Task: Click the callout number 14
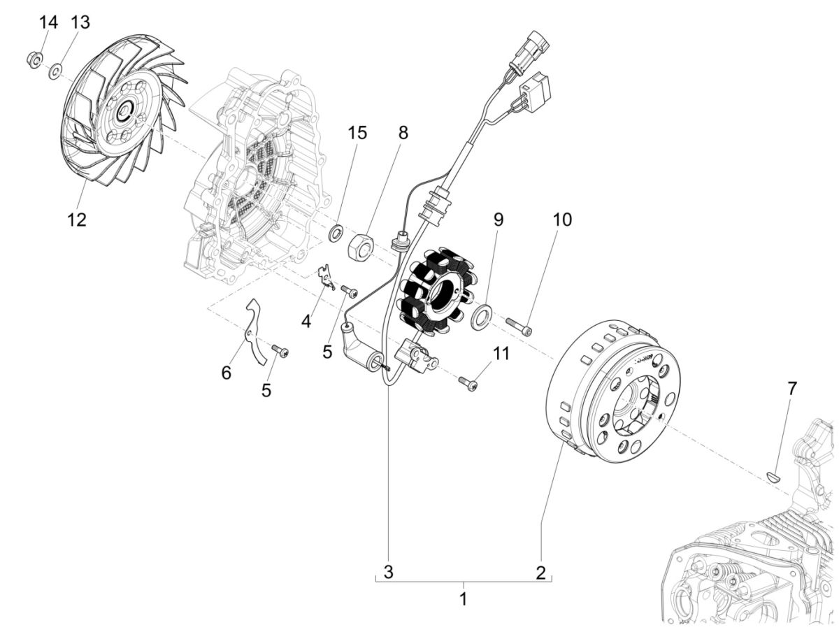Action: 48,22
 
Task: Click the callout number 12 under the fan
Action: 76,220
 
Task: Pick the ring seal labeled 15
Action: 336,231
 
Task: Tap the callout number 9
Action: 498,220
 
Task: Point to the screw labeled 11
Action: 468,382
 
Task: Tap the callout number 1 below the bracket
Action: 462,599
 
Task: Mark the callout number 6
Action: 226,373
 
